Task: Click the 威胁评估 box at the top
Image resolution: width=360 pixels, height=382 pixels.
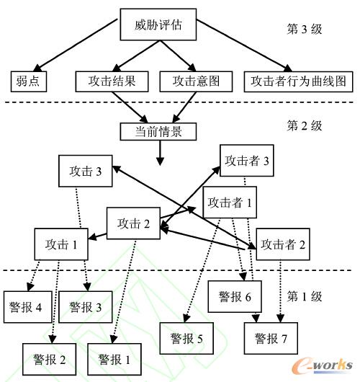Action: click(158, 25)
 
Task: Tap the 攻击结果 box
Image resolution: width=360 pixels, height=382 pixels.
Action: click(112, 81)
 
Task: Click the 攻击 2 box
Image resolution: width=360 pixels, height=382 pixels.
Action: click(135, 223)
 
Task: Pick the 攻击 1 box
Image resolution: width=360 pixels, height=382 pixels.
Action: click(61, 244)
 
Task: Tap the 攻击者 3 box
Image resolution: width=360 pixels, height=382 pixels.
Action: click(246, 160)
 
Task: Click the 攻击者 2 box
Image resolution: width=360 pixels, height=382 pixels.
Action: click(283, 244)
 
